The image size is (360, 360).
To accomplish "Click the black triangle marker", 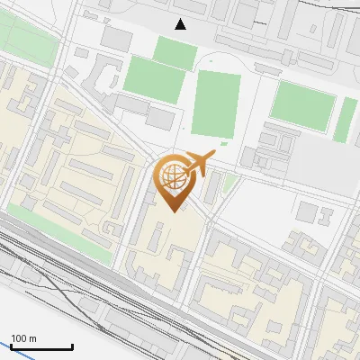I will tap(181, 24).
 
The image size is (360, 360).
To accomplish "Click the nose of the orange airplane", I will tap(214, 154).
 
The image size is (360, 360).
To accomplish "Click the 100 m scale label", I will tap(24, 338).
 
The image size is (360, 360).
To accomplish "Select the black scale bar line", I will tap(40, 346).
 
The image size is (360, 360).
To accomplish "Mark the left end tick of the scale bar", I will tap(10, 345).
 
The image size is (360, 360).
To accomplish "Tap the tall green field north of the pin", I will tap(215, 105).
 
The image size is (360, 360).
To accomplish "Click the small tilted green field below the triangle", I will tap(175, 51).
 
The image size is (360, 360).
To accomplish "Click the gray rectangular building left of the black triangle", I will tap(116, 38).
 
